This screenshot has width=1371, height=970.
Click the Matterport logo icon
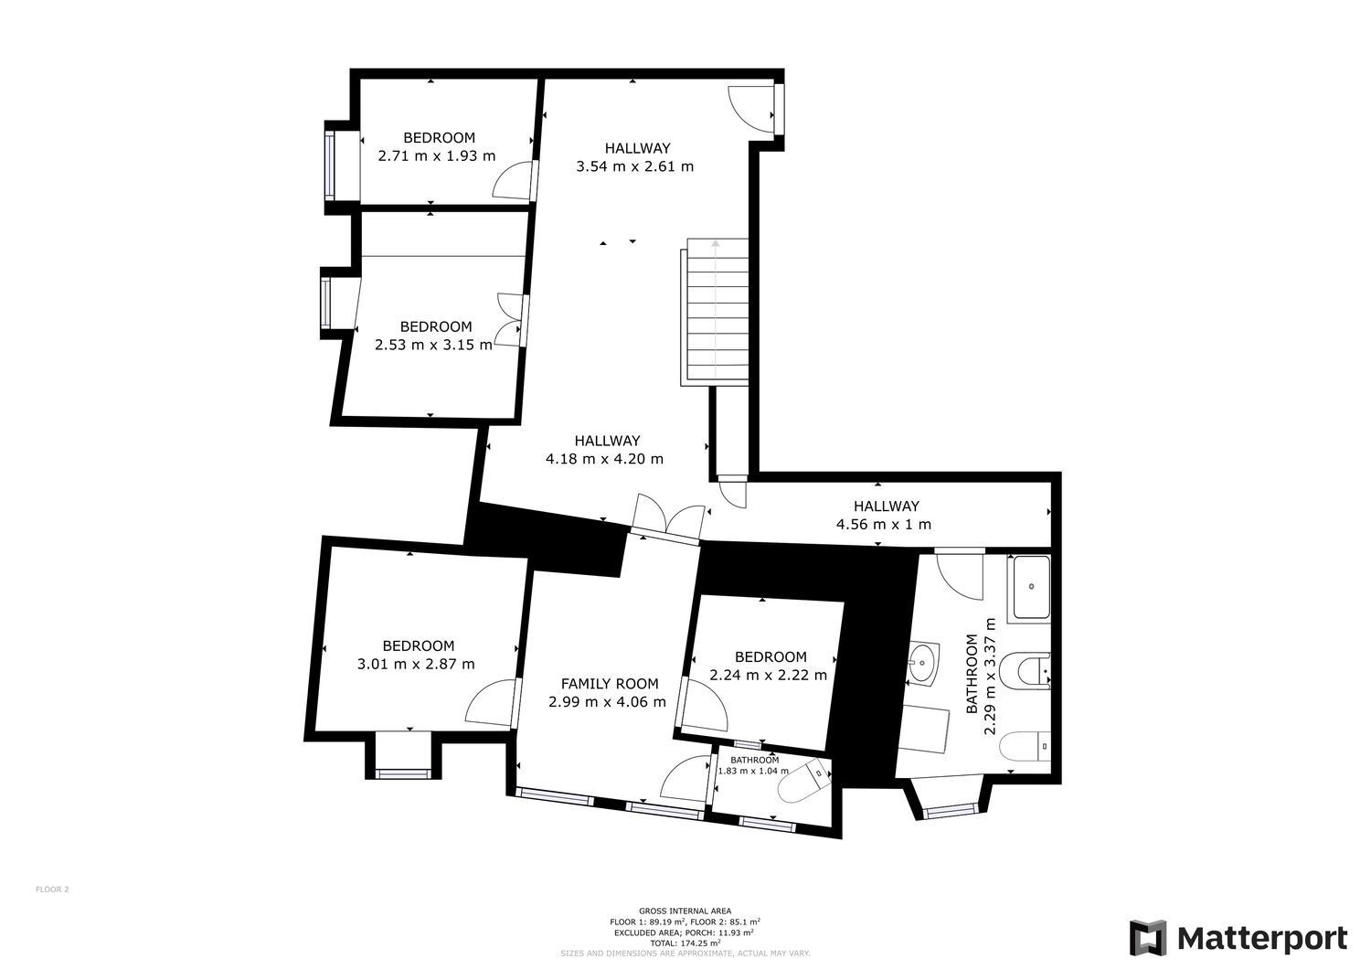click(x=1148, y=938)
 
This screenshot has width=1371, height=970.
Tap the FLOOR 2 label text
click(x=52, y=889)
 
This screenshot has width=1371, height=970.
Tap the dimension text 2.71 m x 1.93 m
click(x=436, y=155)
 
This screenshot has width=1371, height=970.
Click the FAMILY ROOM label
click(x=609, y=683)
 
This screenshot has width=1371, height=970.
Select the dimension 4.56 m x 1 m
click(x=883, y=525)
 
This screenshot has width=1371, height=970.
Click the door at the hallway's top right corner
click(x=751, y=108)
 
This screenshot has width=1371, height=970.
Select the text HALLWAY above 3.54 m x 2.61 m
click(x=637, y=147)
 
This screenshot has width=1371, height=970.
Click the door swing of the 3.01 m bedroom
click(x=492, y=703)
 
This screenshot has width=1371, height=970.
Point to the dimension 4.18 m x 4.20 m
click(x=604, y=459)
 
